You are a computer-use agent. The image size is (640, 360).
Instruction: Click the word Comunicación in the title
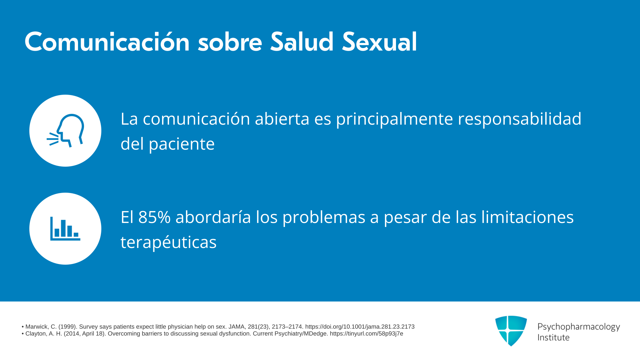[x=107, y=42]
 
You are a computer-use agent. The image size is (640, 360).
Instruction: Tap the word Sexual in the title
[x=379, y=42]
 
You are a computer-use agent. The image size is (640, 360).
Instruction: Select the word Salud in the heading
[x=302, y=42]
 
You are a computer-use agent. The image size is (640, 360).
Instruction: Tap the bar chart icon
[x=65, y=229]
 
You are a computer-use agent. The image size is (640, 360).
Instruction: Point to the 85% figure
[x=154, y=217]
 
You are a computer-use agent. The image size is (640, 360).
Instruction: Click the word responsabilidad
[x=519, y=119]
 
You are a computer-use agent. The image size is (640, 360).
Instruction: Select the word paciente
[x=182, y=144]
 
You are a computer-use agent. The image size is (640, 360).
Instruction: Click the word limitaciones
[x=527, y=217]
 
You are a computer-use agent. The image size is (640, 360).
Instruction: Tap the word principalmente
[x=394, y=119]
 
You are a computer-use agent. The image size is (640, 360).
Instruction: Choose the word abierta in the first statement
[x=282, y=119]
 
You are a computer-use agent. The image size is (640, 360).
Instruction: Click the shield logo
[x=511, y=331]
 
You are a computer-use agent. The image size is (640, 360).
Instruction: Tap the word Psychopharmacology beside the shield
[x=579, y=327]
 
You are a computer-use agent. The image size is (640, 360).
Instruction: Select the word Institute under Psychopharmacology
[x=553, y=337]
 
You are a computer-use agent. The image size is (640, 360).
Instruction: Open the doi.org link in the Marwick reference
[x=360, y=327]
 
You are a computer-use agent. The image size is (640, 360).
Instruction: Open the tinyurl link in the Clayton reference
[x=367, y=334]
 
